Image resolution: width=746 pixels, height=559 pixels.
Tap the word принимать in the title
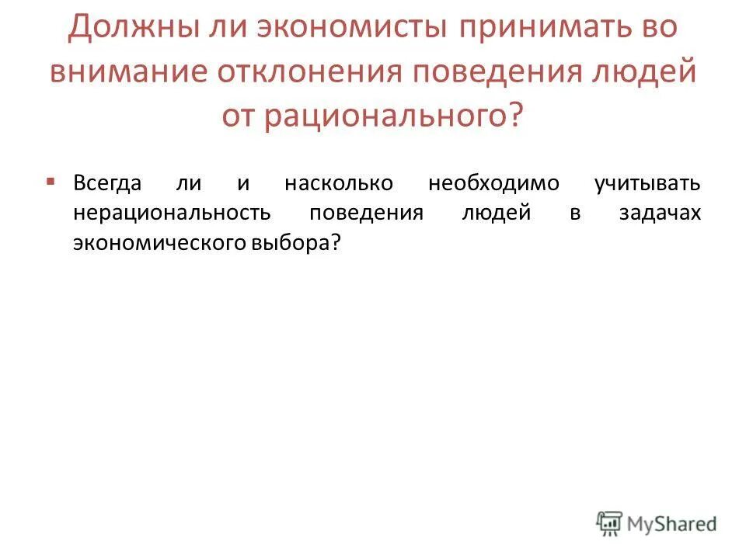pyautogui.click(x=534, y=28)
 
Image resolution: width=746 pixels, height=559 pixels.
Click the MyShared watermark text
pyautogui.click(x=673, y=523)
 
